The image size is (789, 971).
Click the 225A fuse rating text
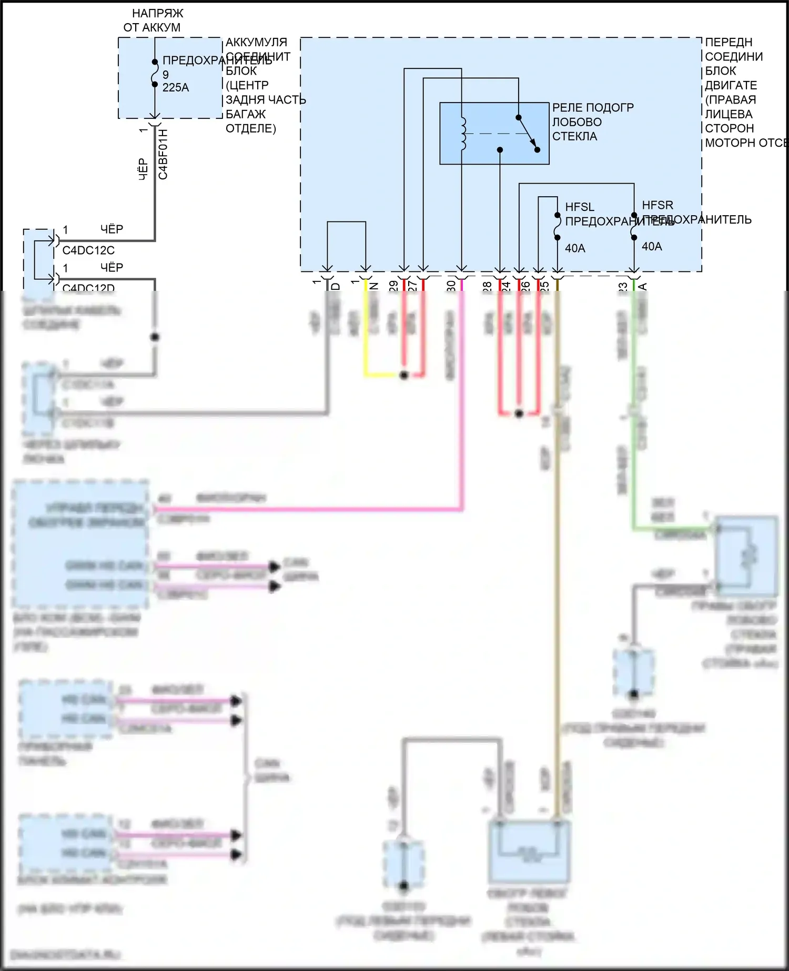tap(176, 88)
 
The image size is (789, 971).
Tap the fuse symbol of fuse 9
tap(155, 73)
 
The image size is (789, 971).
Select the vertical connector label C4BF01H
tap(163, 154)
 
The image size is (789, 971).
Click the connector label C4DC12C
tap(88, 250)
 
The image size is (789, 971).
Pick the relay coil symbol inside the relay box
tap(463, 134)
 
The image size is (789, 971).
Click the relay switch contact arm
tap(528, 133)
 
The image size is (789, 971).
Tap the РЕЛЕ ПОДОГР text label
tap(593, 108)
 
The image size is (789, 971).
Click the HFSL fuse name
tap(580, 207)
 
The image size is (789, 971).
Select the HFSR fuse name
tap(657, 205)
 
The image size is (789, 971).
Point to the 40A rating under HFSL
tap(575, 248)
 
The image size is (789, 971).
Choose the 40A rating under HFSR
tap(652, 246)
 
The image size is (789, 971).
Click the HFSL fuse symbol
tap(558, 226)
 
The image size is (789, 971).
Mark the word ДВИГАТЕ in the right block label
tap(731, 85)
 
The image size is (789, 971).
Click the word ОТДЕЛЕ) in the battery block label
tap(250, 128)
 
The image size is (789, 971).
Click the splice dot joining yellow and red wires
tap(404, 375)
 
